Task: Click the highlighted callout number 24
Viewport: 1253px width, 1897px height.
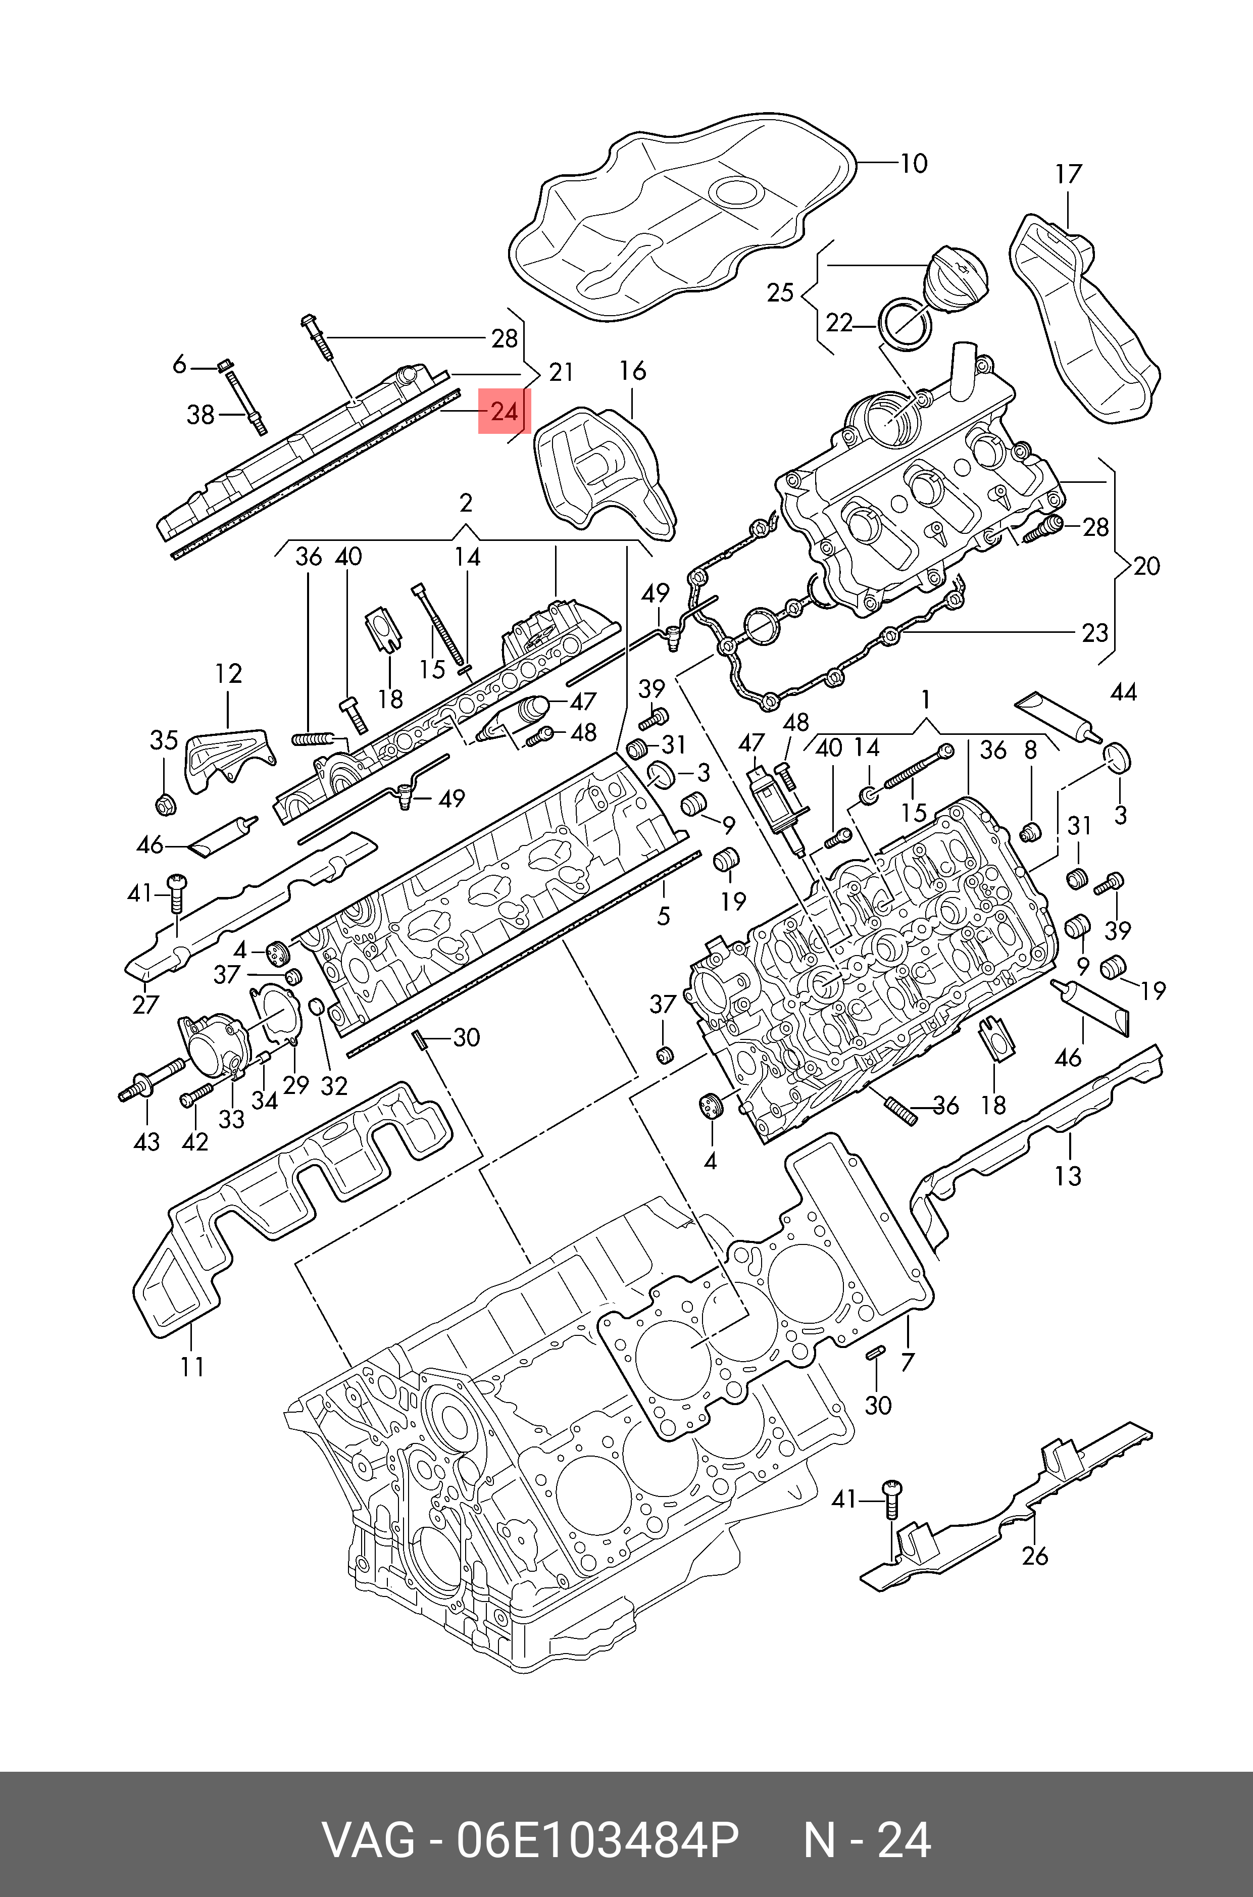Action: point(504,412)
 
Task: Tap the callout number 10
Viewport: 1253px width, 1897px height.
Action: point(914,164)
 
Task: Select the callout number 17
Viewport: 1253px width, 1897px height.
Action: point(1068,174)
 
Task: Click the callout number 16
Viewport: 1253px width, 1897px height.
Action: point(632,372)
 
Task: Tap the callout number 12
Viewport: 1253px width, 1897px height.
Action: point(229,674)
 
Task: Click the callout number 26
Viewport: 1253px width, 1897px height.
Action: point(1035,1555)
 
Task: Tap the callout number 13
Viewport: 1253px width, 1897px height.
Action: point(1068,1175)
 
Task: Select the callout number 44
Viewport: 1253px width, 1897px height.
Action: point(1123,692)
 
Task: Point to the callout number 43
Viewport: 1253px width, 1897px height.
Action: point(146,1142)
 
